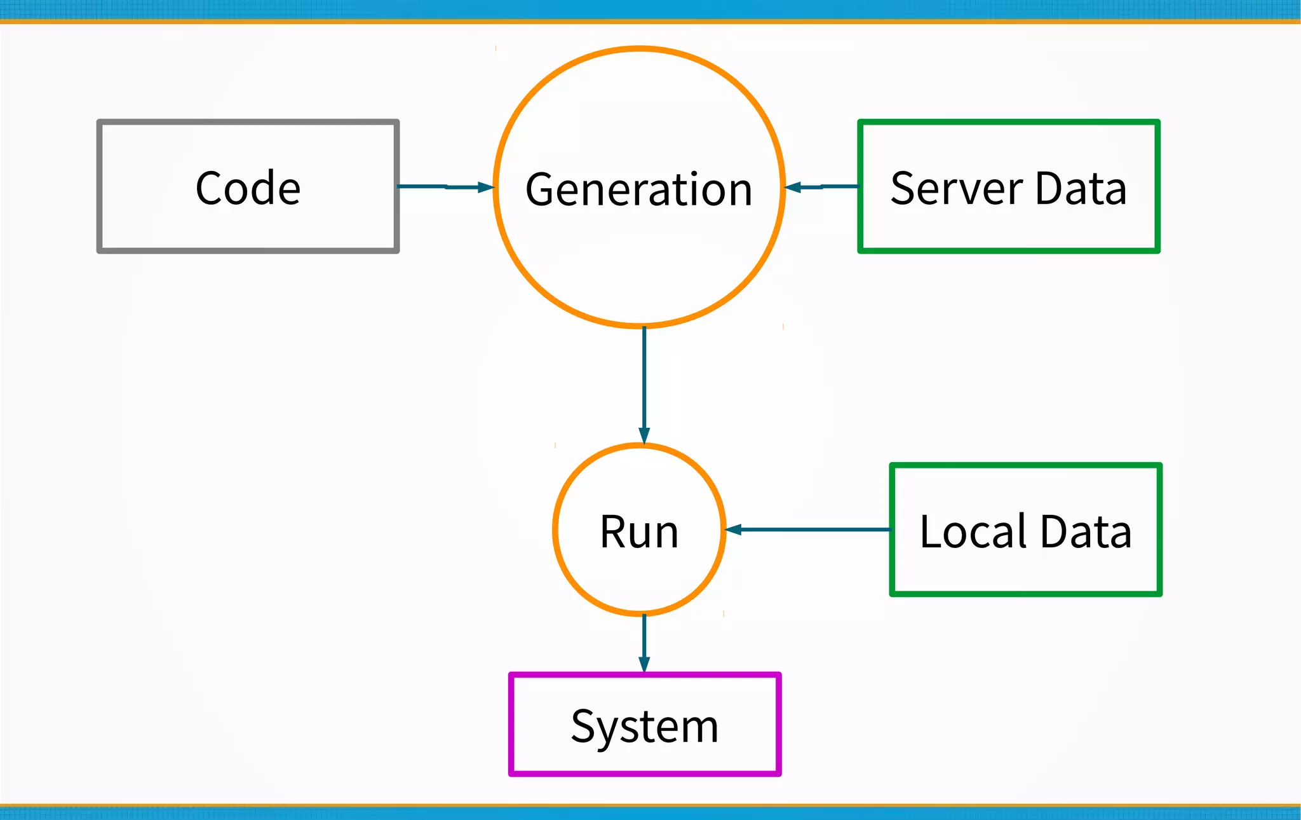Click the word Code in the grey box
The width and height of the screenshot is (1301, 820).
pyautogui.click(x=248, y=188)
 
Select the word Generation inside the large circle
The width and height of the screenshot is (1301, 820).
pyautogui.click(x=639, y=189)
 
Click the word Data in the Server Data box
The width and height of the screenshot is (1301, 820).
pyautogui.click(x=1081, y=188)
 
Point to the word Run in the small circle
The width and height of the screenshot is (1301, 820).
pyautogui.click(x=639, y=531)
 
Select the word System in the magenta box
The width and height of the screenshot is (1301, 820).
pyautogui.click(x=644, y=726)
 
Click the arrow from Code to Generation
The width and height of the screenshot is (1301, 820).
pyautogui.click(x=445, y=187)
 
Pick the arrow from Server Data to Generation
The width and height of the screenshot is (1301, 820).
pyautogui.click(x=822, y=187)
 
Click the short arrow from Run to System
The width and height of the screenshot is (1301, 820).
pyautogui.click(x=644, y=642)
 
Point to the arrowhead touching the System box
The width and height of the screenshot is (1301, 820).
pyautogui.click(x=644, y=664)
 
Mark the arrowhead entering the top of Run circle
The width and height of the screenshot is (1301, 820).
pyautogui.click(x=644, y=435)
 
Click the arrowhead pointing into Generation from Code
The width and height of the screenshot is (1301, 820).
pyautogui.click(x=485, y=187)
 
